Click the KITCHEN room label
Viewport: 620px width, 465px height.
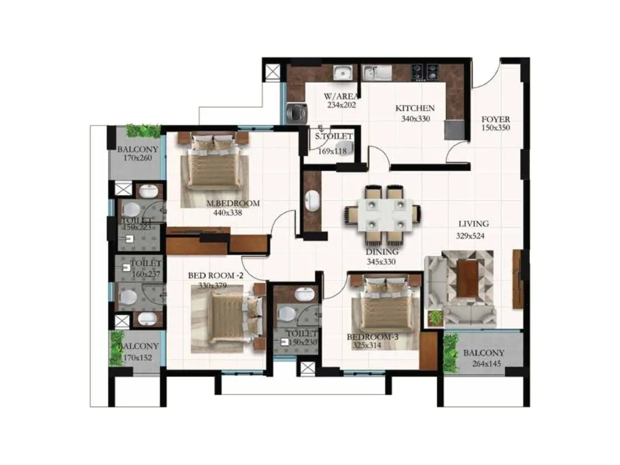tap(414, 109)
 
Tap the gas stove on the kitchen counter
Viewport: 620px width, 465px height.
tap(425, 73)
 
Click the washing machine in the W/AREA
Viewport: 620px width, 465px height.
tap(297, 112)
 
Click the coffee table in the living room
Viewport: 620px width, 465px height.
tap(468, 278)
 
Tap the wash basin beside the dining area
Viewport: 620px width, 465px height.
tap(312, 201)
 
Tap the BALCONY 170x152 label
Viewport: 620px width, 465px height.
tap(137, 351)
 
